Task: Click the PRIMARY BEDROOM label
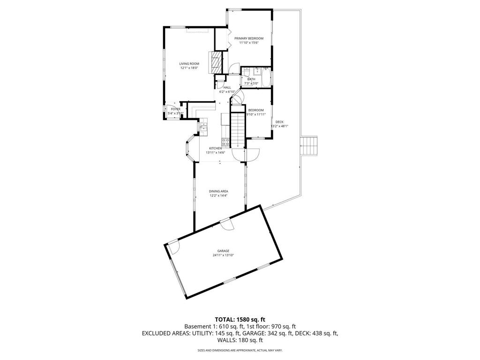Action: pos(249,38)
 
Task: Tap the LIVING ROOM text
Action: pos(189,64)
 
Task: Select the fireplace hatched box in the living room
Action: pos(216,60)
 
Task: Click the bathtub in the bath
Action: pos(266,78)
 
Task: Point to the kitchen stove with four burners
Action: pos(225,142)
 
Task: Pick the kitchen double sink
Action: pos(204,127)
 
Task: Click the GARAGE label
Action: pos(223,251)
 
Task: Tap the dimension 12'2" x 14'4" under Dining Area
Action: pos(218,195)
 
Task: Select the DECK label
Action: pos(279,122)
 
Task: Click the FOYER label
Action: pos(176,109)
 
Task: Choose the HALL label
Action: pos(227,87)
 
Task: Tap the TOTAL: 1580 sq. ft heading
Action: pos(240,319)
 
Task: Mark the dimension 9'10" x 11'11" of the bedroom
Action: pos(256,114)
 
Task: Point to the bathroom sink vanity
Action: pos(257,72)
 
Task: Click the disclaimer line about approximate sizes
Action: pos(240,350)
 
